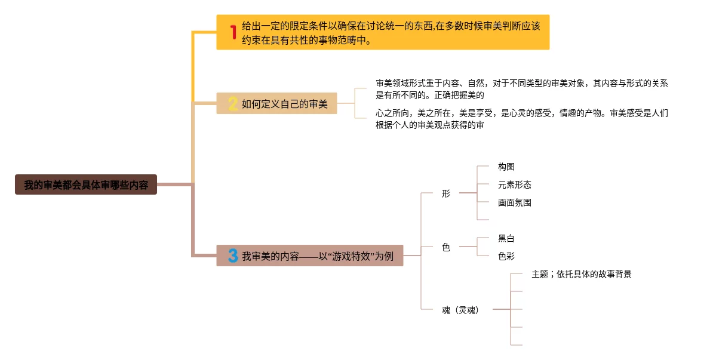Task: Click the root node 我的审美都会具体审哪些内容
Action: pyautogui.click(x=86, y=185)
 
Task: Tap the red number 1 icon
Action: pyautogui.click(x=233, y=32)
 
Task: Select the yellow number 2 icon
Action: pyautogui.click(x=233, y=104)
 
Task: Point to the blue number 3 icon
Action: pyautogui.click(x=233, y=256)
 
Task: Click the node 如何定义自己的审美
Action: pyautogui.click(x=284, y=104)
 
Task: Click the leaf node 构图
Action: pyautogui.click(x=506, y=167)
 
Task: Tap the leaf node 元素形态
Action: pyautogui.click(x=514, y=184)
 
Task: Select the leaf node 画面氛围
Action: pyautogui.click(x=514, y=202)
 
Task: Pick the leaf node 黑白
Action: pyautogui.click(x=506, y=238)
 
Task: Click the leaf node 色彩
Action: pyautogui.click(x=506, y=256)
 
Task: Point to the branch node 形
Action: pyautogui.click(x=445, y=193)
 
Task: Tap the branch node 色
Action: pyautogui.click(x=445, y=247)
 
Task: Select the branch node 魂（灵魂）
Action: pyautogui.click(x=460, y=310)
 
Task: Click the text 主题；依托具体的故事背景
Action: pyautogui.click(x=581, y=275)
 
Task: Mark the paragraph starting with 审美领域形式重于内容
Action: pyautogui.click(x=521, y=89)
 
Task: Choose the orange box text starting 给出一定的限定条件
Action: pyautogui.click(x=391, y=33)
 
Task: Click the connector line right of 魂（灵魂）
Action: pyautogui.click(x=501, y=310)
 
